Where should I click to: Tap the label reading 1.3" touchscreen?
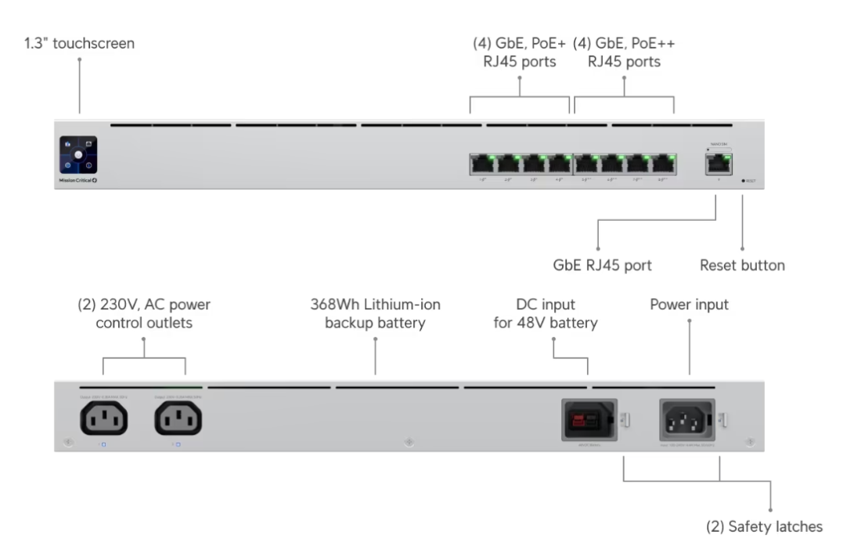[79, 44]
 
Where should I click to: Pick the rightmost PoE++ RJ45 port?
[665, 164]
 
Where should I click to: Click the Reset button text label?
[741, 266]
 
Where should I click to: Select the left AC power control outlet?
[103, 421]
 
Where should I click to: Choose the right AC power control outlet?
[178, 421]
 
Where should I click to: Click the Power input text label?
[689, 305]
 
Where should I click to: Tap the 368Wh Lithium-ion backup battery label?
[375, 313]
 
